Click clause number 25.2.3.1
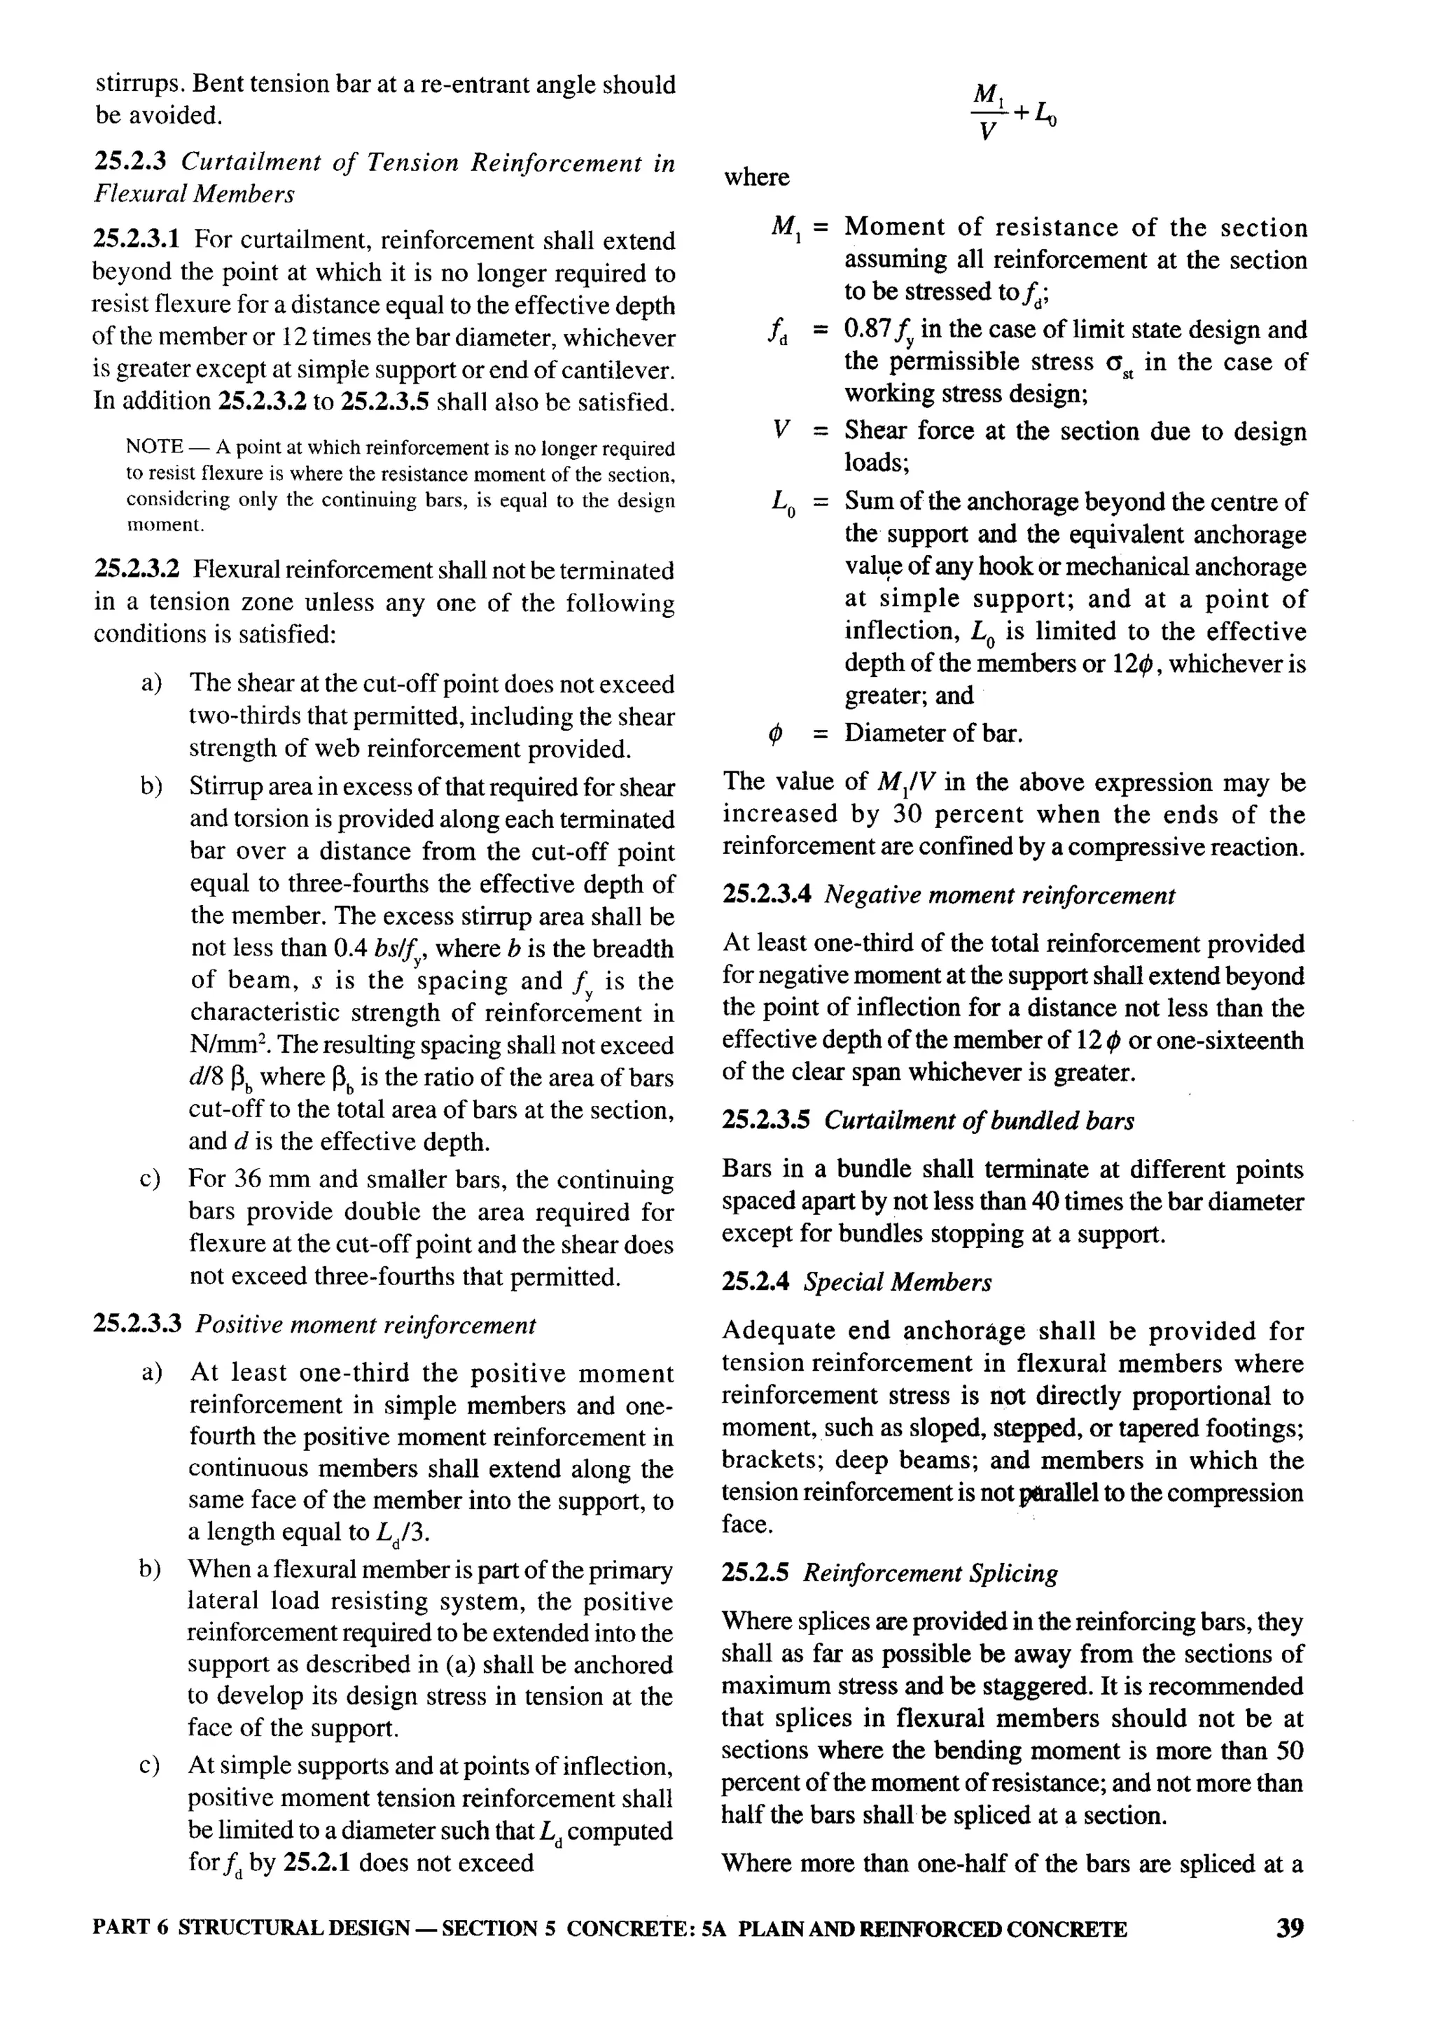pos(137,240)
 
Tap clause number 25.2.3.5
pos(766,1121)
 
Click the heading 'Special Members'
pos(898,1282)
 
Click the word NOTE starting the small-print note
pos(155,448)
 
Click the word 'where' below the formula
pos(757,177)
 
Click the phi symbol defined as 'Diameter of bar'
pos(775,734)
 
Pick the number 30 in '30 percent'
pos(908,814)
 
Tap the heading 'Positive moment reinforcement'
pos(366,1325)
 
